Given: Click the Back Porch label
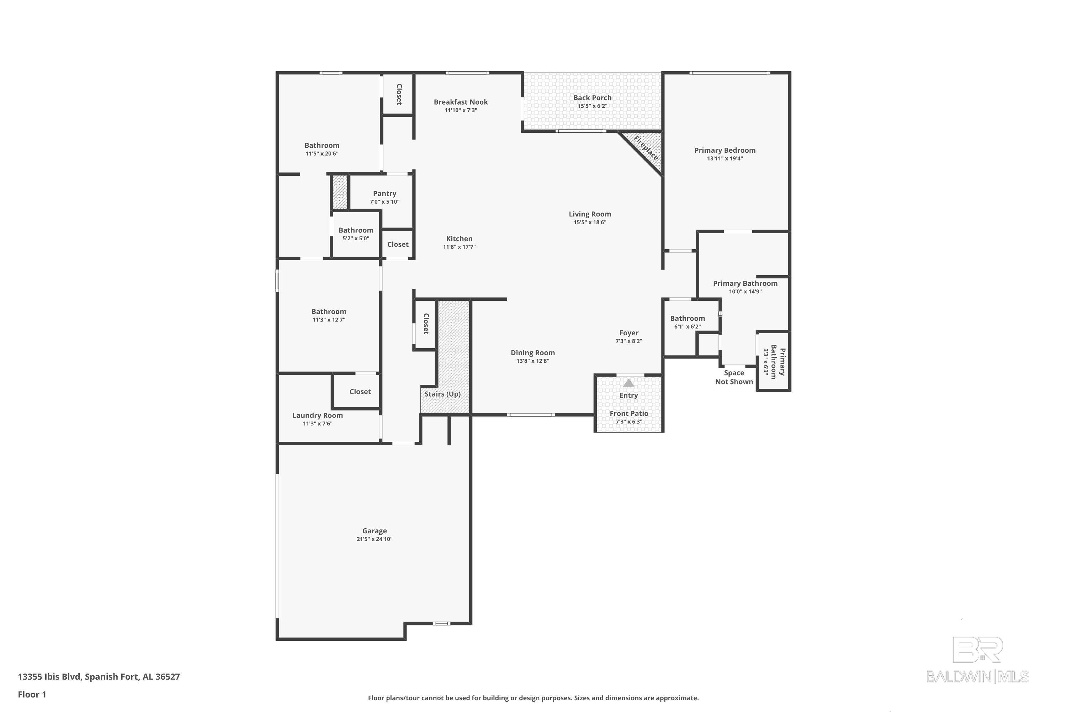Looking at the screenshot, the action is point(592,98).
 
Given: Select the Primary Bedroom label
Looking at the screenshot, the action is point(724,150).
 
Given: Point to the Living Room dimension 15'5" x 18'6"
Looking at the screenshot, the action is point(590,222).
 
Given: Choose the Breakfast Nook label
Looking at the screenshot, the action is point(461,102).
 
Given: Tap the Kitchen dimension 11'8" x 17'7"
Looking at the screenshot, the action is point(459,247).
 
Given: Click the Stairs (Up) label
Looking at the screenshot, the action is point(442,394).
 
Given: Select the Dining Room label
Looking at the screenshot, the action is point(532,353).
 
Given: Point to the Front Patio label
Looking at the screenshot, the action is point(629,413).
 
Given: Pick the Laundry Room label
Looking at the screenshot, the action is point(318,415).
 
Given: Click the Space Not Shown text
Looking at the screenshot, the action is point(734,377).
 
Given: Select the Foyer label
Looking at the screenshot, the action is point(629,333).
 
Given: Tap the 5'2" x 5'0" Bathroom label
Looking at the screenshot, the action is point(356,230).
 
